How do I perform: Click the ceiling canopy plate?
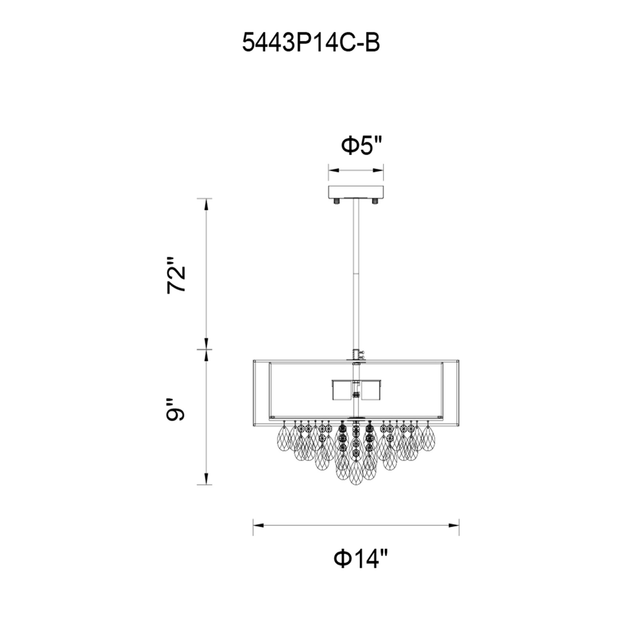[x=356, y=192]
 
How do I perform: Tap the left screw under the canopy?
[x=337, y=201]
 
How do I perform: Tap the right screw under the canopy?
[x=374, y=201]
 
